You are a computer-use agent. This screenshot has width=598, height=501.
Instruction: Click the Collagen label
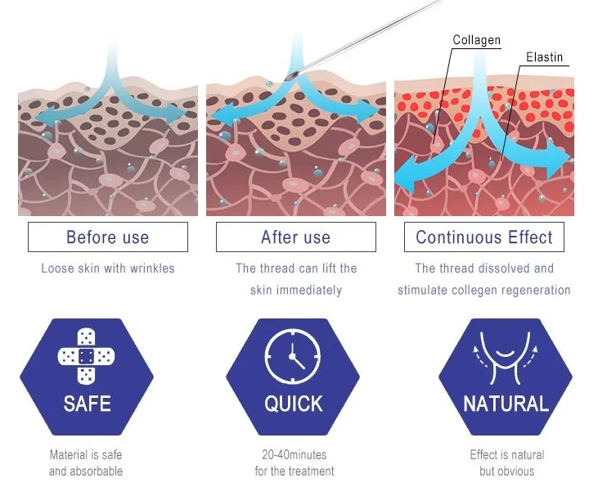(x=476, y=40)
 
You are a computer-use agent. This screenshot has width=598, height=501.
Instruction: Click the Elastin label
(x=544, y=57)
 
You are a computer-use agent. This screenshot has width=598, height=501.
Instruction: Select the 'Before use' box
(x=107, y=237)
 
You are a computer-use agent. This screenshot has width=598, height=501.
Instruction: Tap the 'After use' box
(x=295, y=237)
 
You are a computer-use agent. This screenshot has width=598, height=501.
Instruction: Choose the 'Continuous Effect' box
(x=484, y=237)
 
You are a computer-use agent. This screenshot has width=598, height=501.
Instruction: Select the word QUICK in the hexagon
(x=293, y=404)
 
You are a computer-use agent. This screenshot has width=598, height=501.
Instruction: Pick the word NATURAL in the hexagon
(x=506, y=404)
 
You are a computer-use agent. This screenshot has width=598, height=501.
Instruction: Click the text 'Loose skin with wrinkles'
(x=107, y=269)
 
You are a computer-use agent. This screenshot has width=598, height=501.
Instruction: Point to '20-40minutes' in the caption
(x=294, y=455)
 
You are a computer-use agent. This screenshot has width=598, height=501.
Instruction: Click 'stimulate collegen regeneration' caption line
(x=483, y=291)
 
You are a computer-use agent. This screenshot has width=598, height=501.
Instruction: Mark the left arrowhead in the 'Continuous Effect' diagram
(x=402, y=176)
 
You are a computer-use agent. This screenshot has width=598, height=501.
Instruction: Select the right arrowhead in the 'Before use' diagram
(x=182, y=116)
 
